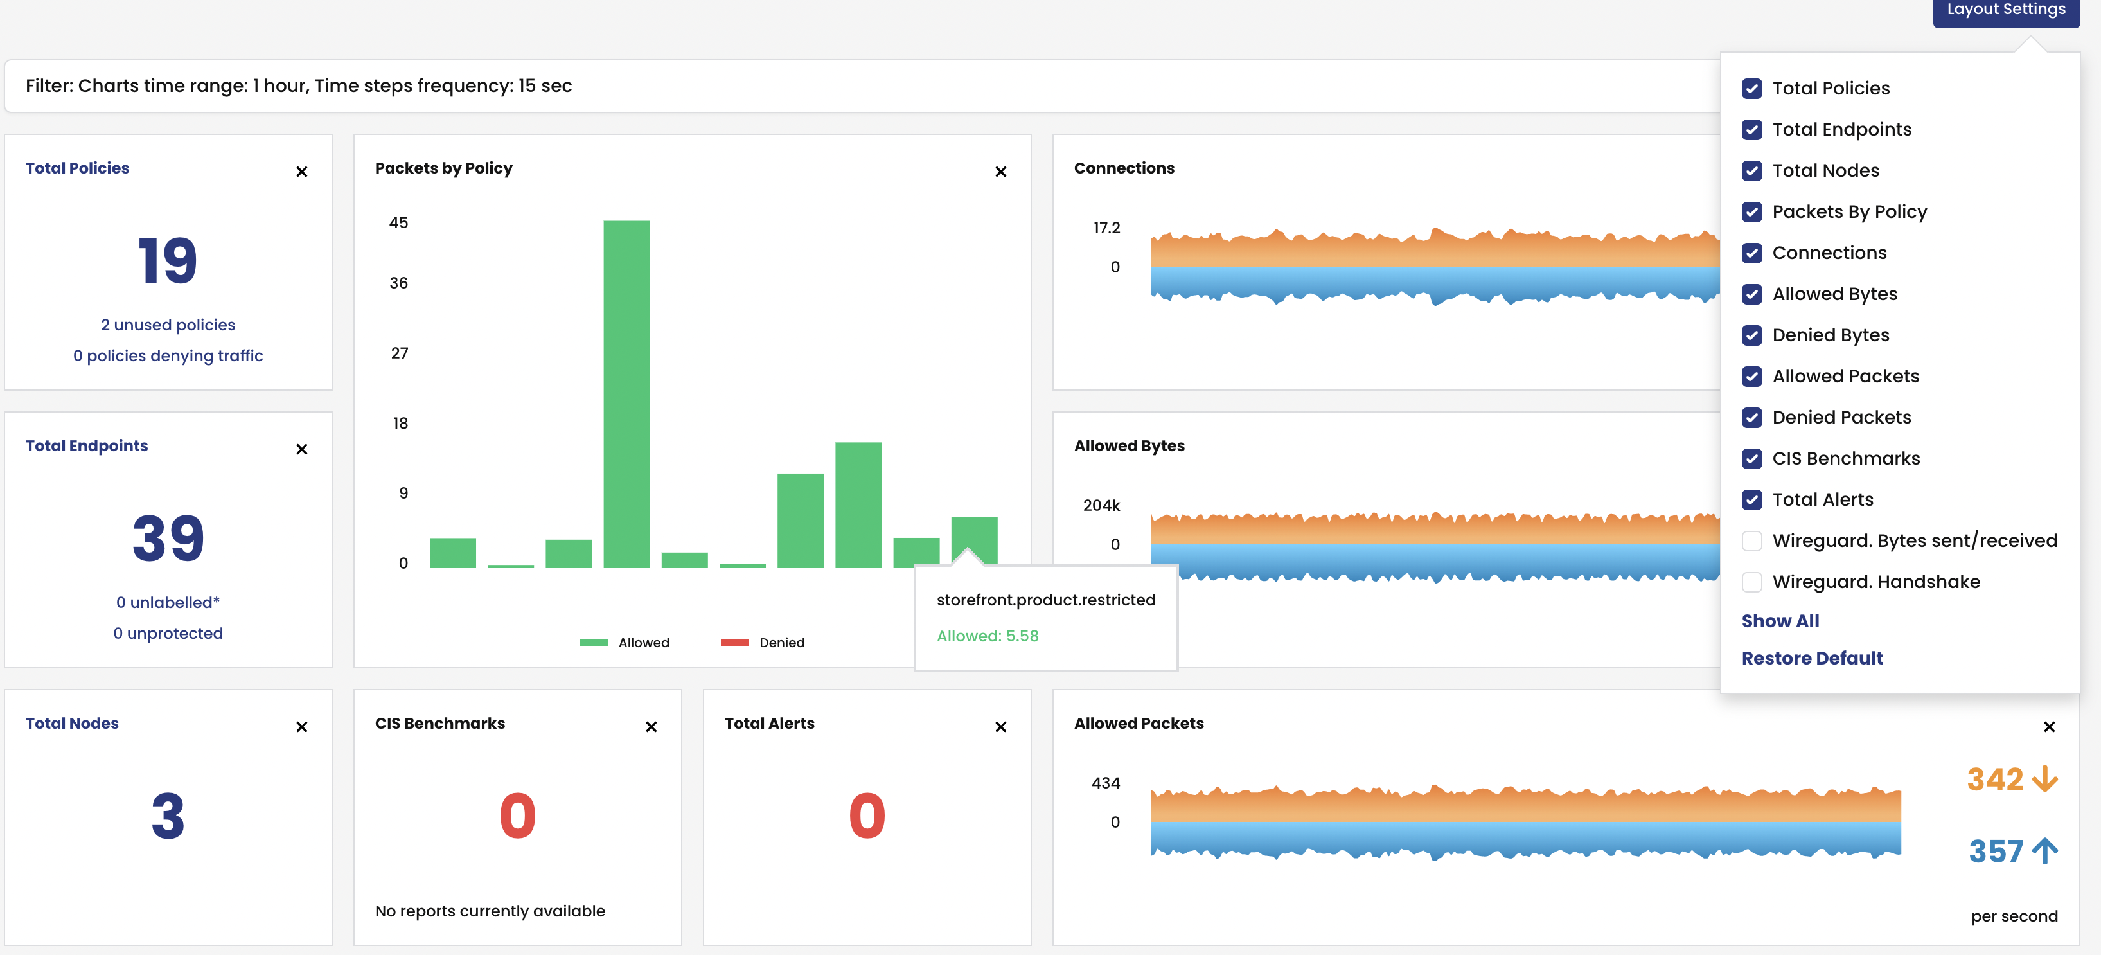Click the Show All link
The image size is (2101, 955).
[x=1780, y=621]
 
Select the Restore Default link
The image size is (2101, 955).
[x=1811, y=659]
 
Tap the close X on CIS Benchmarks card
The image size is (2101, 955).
[x=651, y=727]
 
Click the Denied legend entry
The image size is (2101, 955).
[x=763, y=643]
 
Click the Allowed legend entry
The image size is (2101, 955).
[x=625, y=643]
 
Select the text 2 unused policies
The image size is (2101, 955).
[x=168, y=325]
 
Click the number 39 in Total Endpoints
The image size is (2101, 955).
[x=168, y=539]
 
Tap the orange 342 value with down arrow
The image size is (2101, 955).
[x=2010, y=780]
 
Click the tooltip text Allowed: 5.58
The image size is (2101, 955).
[x=987, y=637]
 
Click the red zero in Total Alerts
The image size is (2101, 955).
[x=866, y=816]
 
